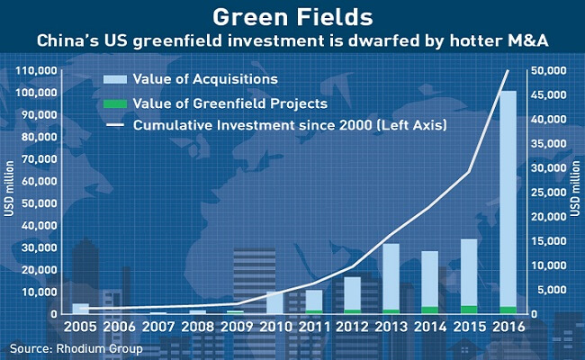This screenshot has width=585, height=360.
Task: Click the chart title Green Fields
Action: tap(292, 17)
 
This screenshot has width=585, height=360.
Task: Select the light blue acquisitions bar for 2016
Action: tap(508, 199)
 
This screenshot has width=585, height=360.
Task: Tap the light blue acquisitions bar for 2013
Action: tap(391, 276)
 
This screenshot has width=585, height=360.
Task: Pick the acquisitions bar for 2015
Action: tap(469, 273)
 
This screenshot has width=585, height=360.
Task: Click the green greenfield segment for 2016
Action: tap(508, 310)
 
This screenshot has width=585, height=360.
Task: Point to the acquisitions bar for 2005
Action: tap(81, 309)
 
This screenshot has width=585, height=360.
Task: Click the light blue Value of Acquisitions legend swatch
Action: tap(115, 79)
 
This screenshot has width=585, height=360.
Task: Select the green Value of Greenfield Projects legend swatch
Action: tap(115, 103)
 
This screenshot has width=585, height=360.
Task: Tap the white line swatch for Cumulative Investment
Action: tap(115, 125)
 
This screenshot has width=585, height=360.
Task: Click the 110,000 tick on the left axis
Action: tap(37, 70)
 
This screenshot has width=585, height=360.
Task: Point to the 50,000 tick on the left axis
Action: tap(39, 203)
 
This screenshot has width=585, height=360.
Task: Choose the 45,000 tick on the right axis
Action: tap(548, 95)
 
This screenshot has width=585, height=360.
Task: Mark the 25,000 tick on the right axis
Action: tap(548, 193)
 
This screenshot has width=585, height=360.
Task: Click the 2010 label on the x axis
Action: tap(275, 328)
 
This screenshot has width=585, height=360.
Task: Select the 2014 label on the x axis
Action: tap(430, 328)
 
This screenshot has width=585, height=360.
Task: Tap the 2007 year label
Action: tap(158, 328)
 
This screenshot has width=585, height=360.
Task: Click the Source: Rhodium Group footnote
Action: tap(76, 349)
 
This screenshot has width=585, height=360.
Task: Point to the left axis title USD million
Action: tap(9, 188)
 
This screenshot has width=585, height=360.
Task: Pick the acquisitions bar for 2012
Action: tap(352, 293)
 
